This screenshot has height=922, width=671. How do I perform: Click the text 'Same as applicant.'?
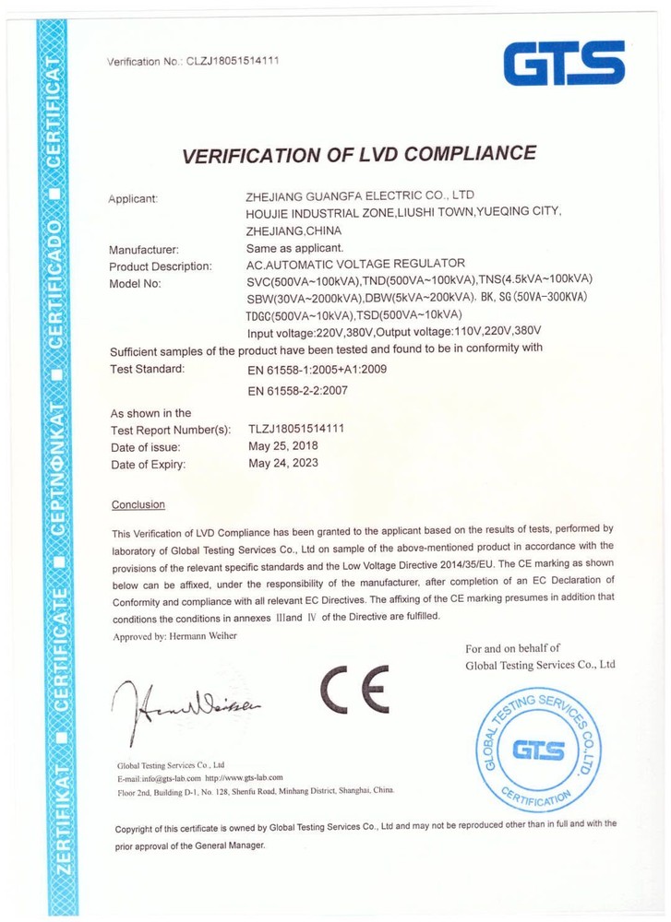(295, 248)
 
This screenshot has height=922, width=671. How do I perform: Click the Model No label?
(135, 283)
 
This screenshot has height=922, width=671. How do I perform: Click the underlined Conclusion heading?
(138, 504)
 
